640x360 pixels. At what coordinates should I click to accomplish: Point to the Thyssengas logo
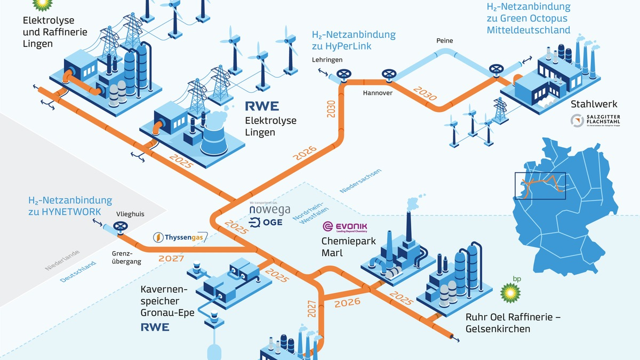click(x=173, y=237)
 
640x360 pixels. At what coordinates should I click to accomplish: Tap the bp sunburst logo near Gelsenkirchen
click(x=511, y=292)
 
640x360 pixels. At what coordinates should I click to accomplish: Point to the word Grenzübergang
click(x=126, y=258)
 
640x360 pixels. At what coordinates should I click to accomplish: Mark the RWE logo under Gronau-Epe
click(x=155, y=327)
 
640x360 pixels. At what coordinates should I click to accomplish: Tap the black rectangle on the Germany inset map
click(x=539, y=186)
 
